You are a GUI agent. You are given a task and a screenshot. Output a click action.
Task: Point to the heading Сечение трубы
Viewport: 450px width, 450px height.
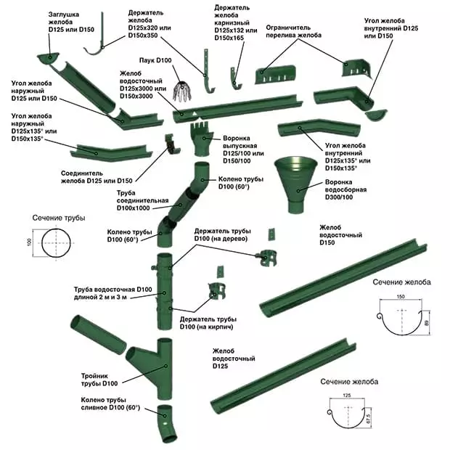click(x=58, y=218)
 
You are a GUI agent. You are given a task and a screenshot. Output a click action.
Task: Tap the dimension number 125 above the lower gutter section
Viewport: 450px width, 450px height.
click(x=347, y=395)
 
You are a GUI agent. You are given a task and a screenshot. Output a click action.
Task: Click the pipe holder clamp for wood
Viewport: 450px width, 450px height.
click(x=266, y=255)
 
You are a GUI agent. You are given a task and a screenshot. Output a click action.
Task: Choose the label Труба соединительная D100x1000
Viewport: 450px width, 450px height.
click(x=142, y=200)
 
